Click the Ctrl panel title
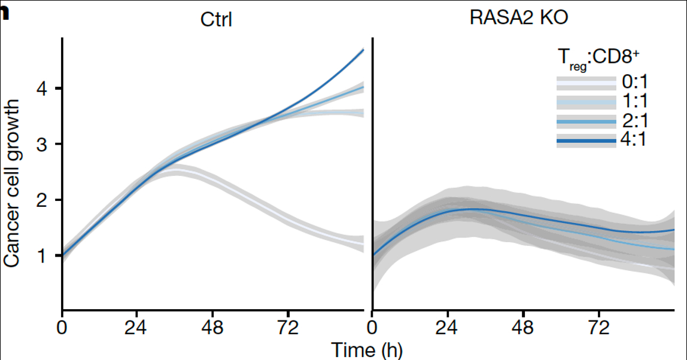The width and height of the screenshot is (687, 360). (x=216, y=20)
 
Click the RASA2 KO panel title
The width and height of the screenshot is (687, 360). (x=518, y=17)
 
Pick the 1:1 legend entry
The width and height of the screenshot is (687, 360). (x=635, y=101)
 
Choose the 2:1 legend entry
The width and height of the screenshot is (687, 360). (x=635, y=121)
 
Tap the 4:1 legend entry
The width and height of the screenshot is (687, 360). (x=635, y=141)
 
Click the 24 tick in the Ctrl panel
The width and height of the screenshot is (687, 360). (x=137, y=328)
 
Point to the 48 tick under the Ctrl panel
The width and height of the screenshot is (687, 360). (x=212, y=328)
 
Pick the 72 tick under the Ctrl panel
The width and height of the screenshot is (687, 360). (x=288, y=328)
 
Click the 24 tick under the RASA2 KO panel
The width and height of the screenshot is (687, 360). (x=448, y=328)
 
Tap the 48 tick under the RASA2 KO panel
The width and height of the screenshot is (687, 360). (x=524, y=328)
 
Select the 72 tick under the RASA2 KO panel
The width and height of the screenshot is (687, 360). (x=599, y=328)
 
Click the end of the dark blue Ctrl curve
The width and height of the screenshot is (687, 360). (x=364, y=50)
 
